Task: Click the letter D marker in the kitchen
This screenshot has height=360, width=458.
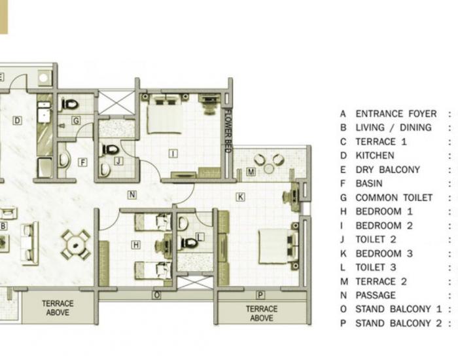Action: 17,120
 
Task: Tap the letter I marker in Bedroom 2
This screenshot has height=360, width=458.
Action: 173,154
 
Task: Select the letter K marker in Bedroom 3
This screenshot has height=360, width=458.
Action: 240,196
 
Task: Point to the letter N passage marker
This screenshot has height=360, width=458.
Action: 132,194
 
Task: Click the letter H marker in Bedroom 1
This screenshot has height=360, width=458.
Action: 136,245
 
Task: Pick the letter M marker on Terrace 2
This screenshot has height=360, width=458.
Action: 251,171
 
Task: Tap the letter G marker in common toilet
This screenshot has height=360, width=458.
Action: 76,120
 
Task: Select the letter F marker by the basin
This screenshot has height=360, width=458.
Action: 82,162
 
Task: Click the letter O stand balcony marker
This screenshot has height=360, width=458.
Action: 156,295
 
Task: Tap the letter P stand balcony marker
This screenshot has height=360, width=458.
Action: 260,295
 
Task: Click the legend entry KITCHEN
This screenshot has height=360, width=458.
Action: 374,156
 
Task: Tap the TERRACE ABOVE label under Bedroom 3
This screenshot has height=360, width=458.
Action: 261,313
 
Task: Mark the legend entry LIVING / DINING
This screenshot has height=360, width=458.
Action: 393,128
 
